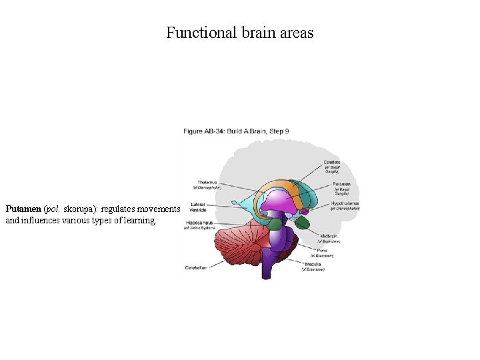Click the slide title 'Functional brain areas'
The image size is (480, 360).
[239, 33]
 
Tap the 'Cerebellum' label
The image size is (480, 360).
[198, 267]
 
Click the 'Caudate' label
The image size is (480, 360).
[332, 162]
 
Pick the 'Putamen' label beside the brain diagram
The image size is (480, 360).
[341, 183]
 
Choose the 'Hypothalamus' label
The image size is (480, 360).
[345, 202]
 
